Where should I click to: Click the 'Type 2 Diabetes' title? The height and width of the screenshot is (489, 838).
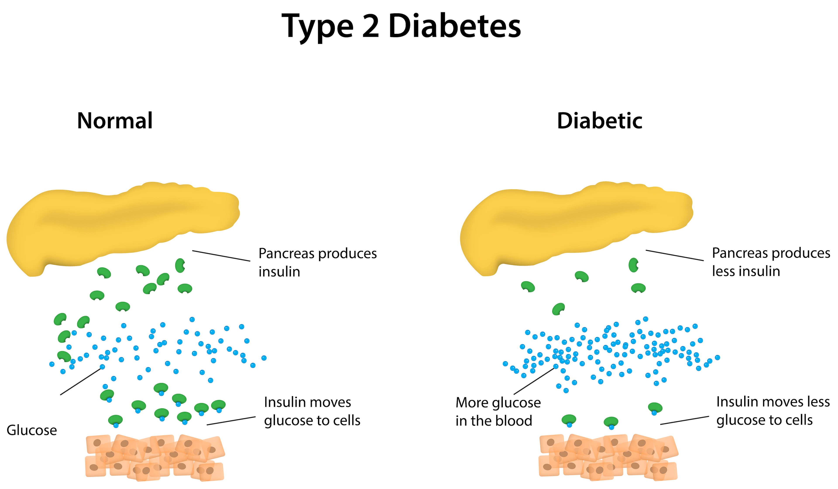tap(401, 27)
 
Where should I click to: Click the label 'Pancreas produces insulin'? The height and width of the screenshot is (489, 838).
tap(318, 263)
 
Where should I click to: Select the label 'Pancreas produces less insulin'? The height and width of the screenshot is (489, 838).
tap(771, 262)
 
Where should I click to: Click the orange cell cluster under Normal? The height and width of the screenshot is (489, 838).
tap(155, 458)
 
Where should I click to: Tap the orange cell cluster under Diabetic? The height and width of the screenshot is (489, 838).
tap(608, 458)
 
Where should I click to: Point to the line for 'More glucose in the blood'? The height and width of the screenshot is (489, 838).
tap(535, 381)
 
